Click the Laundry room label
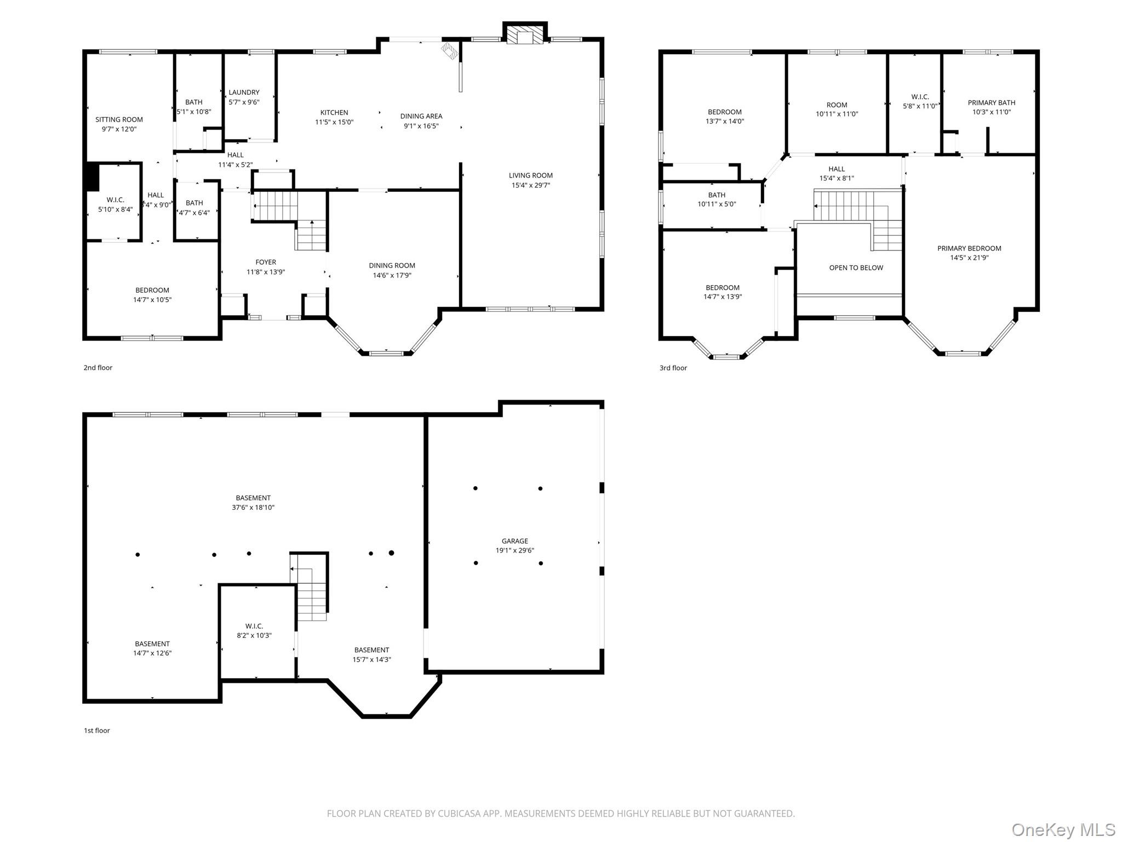tap(244, 93)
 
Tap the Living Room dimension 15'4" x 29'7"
tap(530, 185)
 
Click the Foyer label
tap(266, 262)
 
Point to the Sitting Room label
tap(119, 120)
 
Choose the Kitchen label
tap(334, 112)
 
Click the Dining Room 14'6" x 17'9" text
tap(392, 270)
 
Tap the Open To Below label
tap(856, 268)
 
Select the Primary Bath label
tap(991, 103)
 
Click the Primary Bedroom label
tap(969, 248)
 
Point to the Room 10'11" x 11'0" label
tap(837, 110)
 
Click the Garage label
tap(514, 541)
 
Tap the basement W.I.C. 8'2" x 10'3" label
tap(254, 631)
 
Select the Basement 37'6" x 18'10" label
tap(253, 503)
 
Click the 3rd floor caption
tap(673, 368)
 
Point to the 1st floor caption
tap(96, 730)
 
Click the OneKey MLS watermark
tap(1063, 829)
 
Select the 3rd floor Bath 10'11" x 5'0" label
tap(716, 200)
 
